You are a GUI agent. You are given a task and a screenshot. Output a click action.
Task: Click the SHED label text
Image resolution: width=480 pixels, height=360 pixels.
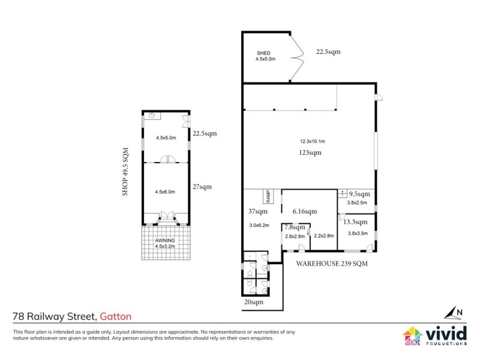(262, 53)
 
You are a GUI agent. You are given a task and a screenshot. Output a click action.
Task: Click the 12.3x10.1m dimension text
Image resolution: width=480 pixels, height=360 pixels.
(312, 142)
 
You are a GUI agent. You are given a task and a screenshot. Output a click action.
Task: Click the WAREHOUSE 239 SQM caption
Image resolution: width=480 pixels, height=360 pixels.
(331, 263)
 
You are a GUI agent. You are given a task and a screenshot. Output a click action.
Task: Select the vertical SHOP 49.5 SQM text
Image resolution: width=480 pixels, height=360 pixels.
(127, 172)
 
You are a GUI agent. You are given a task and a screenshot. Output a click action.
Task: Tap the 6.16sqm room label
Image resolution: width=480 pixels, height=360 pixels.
(304, 211)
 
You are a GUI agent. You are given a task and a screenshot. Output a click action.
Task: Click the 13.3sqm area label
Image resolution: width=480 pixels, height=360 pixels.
(355, 221)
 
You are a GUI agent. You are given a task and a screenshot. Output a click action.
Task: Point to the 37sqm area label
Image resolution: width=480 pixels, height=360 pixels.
(257, 211)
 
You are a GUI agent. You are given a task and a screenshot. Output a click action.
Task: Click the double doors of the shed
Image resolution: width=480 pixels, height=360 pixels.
(296, 58)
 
